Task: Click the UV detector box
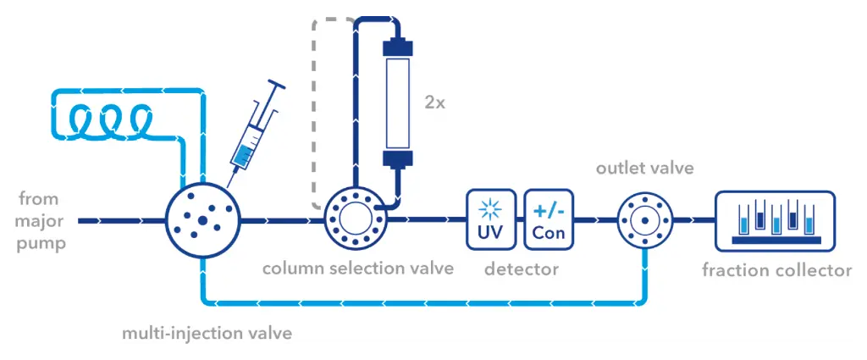(491, 219)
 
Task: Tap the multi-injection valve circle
(202, 219)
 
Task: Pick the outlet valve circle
(644, 219)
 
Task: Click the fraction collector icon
(776, 220)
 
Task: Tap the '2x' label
(435, 104)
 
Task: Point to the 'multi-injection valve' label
(207, 333)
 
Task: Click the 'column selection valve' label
(358, 269)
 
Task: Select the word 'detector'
(522, 269)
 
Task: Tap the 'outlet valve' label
(644, 168)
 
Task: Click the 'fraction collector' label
(776, 271)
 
